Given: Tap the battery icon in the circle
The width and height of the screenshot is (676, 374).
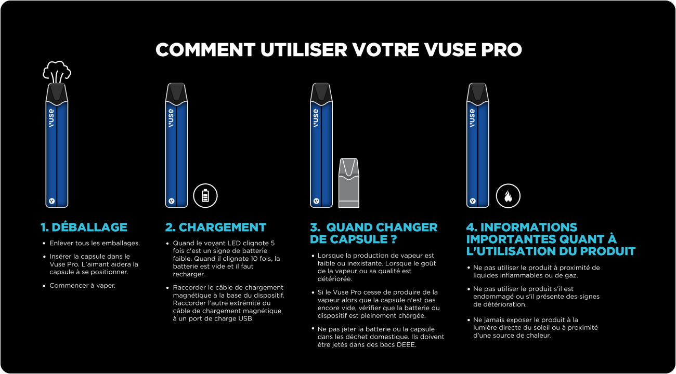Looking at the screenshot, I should (205, 196).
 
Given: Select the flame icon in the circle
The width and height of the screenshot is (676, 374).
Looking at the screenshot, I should (508, 196).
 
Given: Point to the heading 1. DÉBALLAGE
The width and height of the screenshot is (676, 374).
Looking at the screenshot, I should (84, 227).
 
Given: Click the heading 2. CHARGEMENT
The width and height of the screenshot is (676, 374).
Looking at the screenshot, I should (215, 227).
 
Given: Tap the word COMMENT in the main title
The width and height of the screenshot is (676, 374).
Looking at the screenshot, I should (205, 50).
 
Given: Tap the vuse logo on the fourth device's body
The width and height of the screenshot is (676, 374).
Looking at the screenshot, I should (472, 118).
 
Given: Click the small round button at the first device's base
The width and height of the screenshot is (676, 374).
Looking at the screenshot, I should (51, 200).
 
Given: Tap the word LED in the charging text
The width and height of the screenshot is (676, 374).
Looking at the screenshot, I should (232, 243).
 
